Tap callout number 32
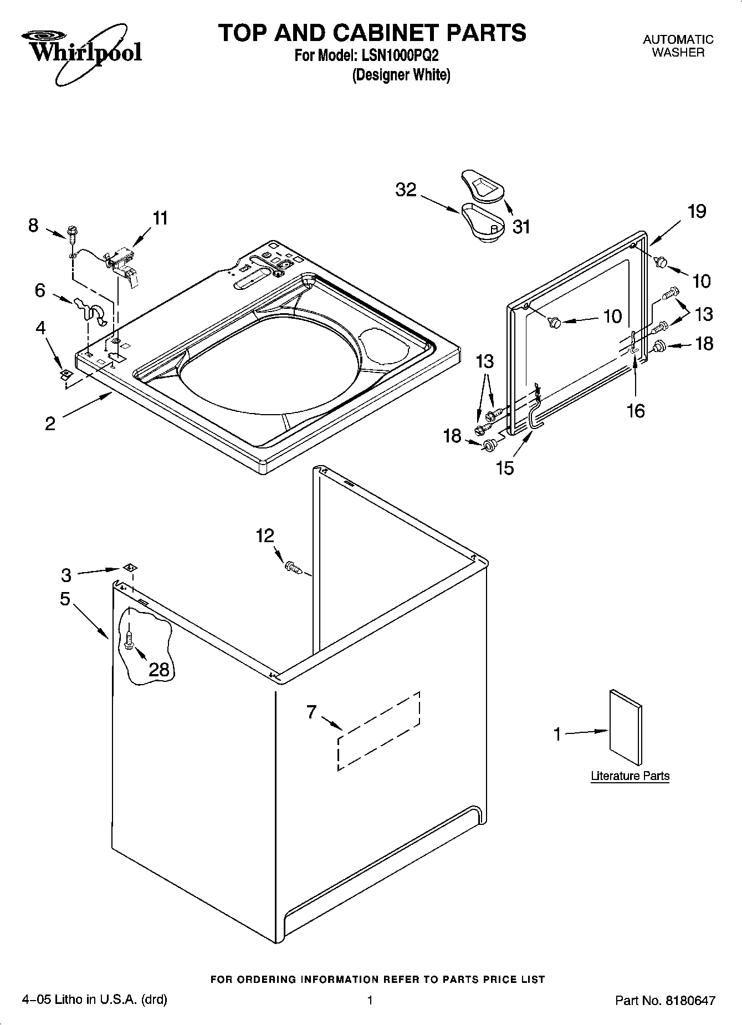[406, 190]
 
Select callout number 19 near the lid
[697, 211]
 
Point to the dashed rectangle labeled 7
[378, 730]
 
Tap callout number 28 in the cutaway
[159, 670]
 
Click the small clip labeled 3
[130, 567]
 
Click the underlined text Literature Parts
[630, 776]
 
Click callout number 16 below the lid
[636, 411]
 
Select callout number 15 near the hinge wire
[505, 468]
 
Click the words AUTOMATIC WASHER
[678, 46]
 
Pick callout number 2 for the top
[50, 424]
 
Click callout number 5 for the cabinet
[65, 599]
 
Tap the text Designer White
[401, 75]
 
